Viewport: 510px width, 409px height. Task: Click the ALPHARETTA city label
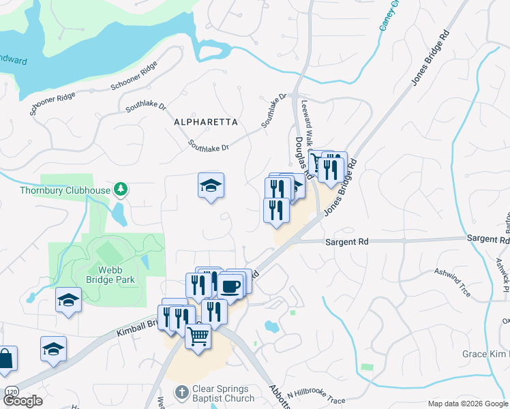point(205,122)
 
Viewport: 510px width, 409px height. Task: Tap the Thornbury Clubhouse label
point(65,190)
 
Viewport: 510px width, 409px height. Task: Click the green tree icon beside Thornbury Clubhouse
point(121,188)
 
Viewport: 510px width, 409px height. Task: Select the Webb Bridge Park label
point(110,275)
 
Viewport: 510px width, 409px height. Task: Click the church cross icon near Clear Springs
point(181,392)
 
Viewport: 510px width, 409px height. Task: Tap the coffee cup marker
point(230,285)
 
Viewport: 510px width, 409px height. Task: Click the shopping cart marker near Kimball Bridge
point(198,335)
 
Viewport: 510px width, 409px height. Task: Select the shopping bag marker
point(5,359)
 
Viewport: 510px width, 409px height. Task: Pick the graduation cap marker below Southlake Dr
point(211,185)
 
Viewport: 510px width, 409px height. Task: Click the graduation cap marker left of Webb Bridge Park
point(68,300)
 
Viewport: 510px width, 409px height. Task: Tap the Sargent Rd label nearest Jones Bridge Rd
point(346,242)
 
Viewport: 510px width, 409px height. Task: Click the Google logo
point(23,401)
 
